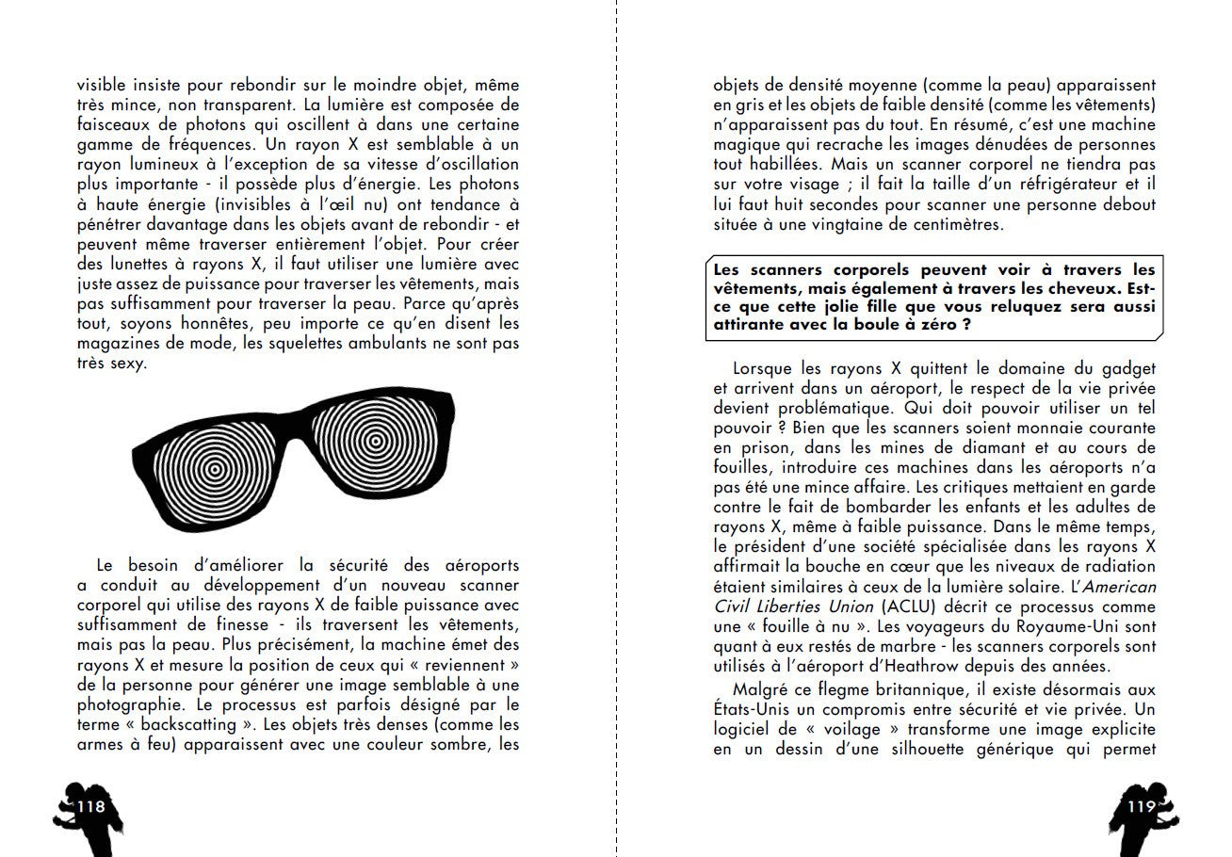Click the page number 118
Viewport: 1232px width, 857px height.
pyautogui.click(x=91, y=806)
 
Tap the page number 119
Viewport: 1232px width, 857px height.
pyautogui.click(x=1141, y=806)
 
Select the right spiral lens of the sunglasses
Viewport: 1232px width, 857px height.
pyautogui.click(x=375, y=440)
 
